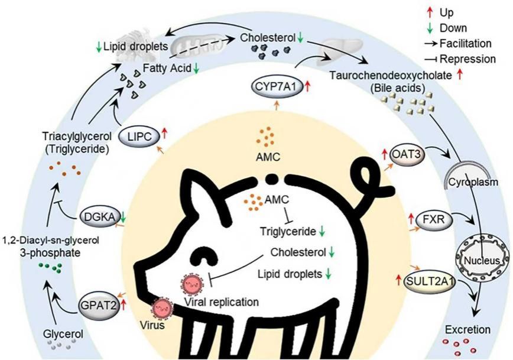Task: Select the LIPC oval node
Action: (140, 136)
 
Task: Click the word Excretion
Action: (468, 329)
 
